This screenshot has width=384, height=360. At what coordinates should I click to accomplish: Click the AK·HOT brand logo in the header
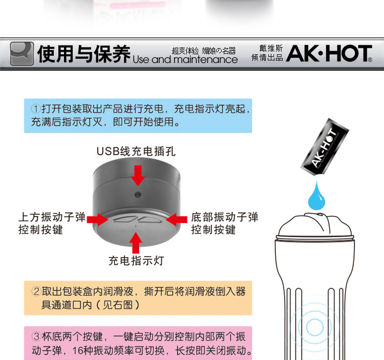click(329, 53)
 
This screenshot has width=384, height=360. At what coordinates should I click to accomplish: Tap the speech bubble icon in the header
click(22, 54)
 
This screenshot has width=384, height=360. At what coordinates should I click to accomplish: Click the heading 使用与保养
click(84, 54)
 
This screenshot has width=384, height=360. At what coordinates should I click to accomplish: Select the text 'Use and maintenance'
click(185, 59)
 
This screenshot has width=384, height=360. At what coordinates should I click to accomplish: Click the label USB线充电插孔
click(136, 152)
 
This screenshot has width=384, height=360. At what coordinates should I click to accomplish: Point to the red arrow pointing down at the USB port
click(138, 175)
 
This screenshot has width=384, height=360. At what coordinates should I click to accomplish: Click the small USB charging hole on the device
click(138, 195)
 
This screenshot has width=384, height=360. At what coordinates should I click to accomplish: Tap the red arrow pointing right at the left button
click(98, 219)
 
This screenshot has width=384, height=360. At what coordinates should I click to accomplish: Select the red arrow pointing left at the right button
click(177, 219)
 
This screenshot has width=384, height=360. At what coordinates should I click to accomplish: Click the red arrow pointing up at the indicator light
click(136, 243)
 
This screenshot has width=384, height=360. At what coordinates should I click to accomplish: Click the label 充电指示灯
click(136, 261)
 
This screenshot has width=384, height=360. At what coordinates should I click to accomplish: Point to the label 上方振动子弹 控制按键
click(52, 223)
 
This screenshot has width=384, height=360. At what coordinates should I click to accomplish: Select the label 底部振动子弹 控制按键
click(225, 223)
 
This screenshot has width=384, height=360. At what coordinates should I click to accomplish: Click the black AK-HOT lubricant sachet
click(325, 146)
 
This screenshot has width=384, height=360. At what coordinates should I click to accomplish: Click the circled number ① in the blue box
click(36, 109)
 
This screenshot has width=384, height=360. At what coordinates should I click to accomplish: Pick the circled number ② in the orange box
click(36, 291)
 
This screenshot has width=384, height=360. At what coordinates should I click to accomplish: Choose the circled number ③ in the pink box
click(36, 336)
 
